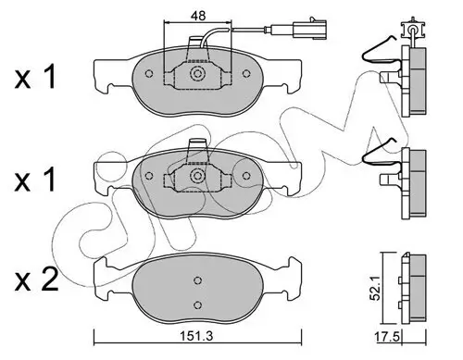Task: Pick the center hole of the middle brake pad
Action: coord(196,175)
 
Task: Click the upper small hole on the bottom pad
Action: coord(196,281)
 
